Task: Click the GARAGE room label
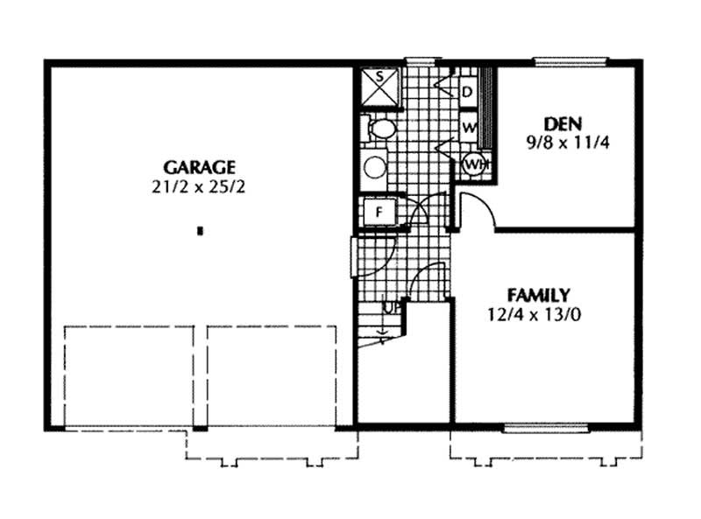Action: click(200, 167)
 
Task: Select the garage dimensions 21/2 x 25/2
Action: click(200, 186)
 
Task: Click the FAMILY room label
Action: click(539, 295)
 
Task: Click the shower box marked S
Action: click(380, 86)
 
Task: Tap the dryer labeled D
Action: click(467, 91)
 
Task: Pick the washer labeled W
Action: click(467, 128)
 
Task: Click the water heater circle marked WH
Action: click(474, 163)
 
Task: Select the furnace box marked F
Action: click(379, 212)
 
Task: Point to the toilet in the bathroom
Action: click(379, 130)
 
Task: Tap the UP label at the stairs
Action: click(391, 307)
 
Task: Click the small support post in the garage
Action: click(201, 232)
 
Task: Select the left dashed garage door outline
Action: click(129, 376)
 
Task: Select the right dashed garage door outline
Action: click(272, 376)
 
